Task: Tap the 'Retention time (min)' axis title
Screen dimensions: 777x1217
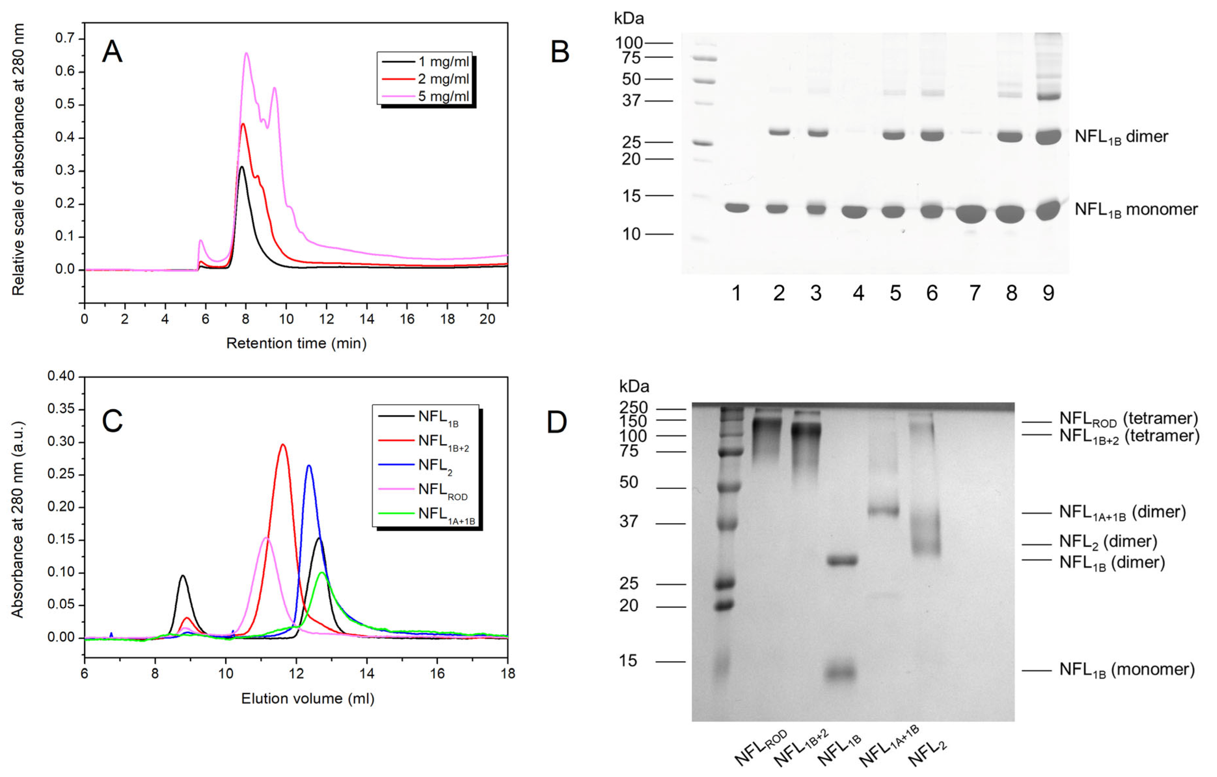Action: coord(296,344)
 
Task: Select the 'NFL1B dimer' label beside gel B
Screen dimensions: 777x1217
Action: coord(1121,137)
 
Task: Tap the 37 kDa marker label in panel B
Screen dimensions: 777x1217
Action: coord(631,100)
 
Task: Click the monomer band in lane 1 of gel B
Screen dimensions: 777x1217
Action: coord(737,208)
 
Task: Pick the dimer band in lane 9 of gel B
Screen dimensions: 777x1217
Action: coord(1048,137)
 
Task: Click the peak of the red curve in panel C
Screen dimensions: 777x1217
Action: coord(283,445)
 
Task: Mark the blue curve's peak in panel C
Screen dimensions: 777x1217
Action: coord(309,466)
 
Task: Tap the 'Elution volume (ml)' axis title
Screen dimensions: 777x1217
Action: coord(307,699)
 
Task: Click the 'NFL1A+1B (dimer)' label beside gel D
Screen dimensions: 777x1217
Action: coord(1122,513)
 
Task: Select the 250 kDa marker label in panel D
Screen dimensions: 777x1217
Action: coord(633,408)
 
